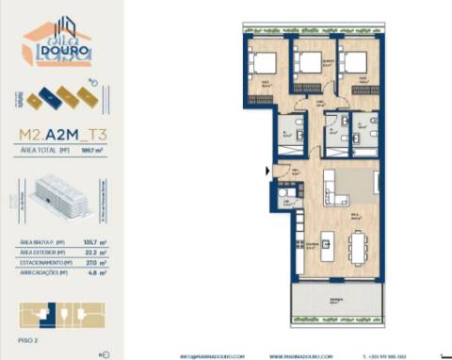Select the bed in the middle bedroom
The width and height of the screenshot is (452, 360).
[310, 63]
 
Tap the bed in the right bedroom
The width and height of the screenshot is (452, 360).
[354, 62]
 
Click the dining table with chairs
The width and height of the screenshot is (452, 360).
[356, 247]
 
